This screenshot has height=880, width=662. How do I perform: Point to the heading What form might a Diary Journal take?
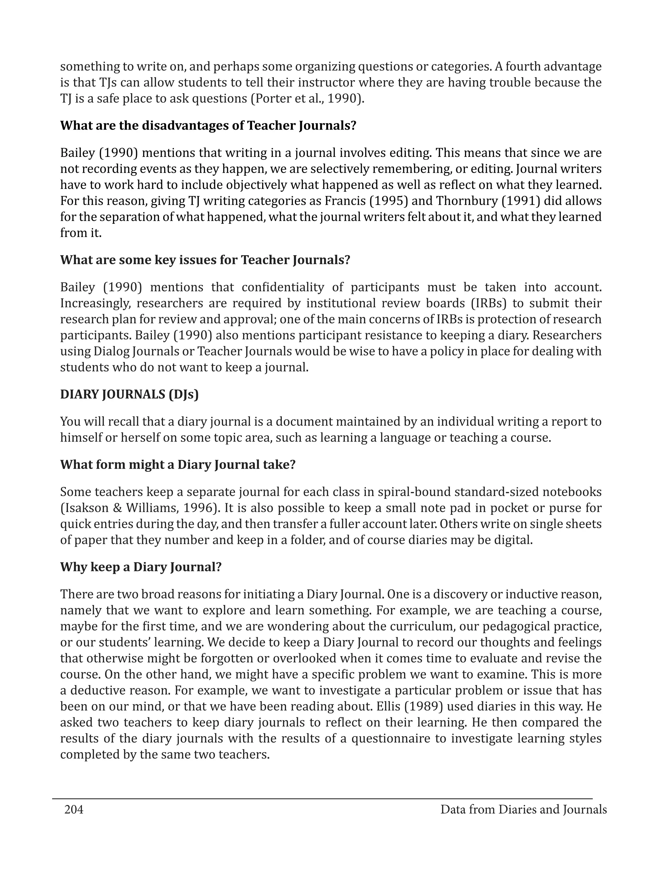tap(178, 464)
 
